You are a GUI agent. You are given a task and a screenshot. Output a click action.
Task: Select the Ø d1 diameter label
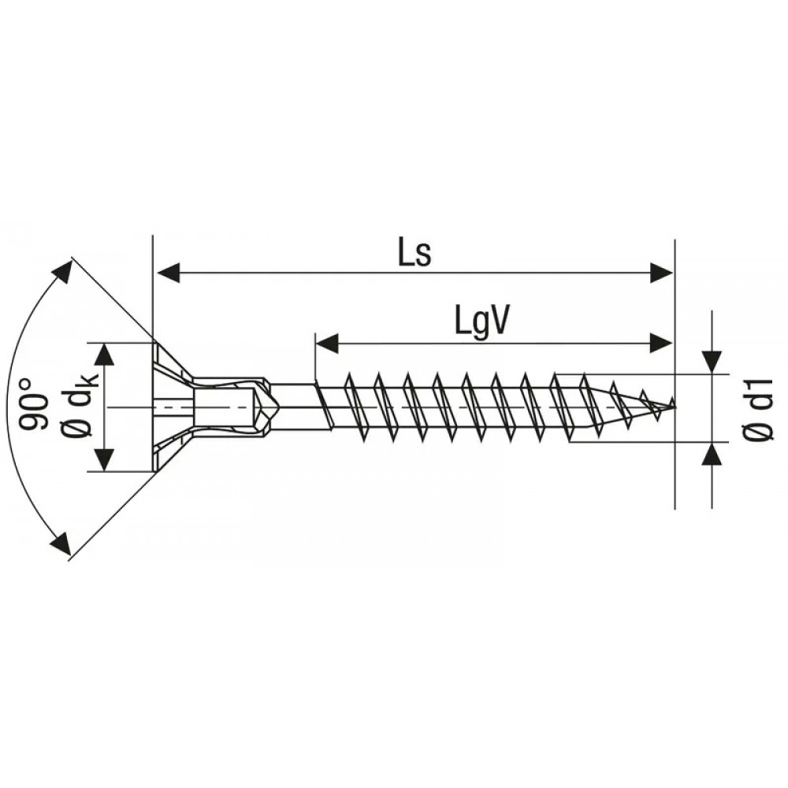click(x=758, y=410)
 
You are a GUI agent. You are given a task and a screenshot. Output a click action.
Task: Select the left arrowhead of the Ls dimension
click(x=168, y=273)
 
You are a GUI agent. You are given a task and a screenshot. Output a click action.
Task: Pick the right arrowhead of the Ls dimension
click(x=660, y=273)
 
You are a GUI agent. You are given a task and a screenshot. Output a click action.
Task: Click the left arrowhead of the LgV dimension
click(x=327, y=344)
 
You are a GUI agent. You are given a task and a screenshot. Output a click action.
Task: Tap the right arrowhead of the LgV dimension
click(x=660, y=344)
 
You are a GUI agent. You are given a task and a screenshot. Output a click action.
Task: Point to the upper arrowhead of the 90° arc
click(x=61, y=273)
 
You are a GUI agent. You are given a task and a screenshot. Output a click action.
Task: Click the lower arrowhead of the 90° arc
click(x=61, y=542)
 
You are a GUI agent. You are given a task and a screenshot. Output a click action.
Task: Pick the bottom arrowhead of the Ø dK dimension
click(x=104, y=459)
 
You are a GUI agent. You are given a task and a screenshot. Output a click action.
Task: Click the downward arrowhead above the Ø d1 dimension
click(x=712, y=362)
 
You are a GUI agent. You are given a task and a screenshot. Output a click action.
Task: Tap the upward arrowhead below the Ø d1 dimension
click(x=712, y=455)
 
